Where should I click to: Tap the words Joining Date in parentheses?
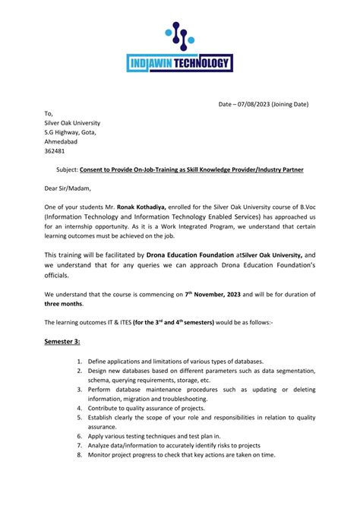290,103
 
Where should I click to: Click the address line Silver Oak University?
72,122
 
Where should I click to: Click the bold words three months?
65,302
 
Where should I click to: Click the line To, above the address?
49,113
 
